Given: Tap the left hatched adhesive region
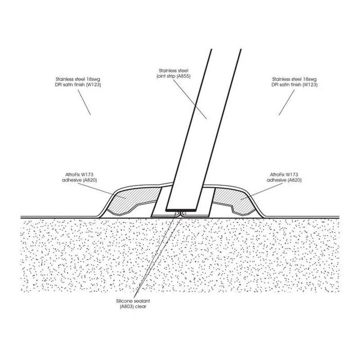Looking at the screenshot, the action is pos(129,200).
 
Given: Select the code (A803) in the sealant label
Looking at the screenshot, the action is pos(127,306).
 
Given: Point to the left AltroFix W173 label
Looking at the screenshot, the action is pos(80,177).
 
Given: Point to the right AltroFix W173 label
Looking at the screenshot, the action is pos(284,177).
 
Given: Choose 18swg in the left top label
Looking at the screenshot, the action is pos(93,79).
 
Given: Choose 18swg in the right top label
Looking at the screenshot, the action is pos(310,79).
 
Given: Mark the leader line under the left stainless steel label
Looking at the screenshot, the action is pos(84,102).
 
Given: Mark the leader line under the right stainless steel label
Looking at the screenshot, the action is pos(287,103).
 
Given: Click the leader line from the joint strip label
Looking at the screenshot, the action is pos(189,99).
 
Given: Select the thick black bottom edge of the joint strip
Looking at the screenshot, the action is pos(181,210).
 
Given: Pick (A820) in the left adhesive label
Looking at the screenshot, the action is pos(90,180).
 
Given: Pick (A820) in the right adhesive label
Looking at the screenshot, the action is pos(294,180).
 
